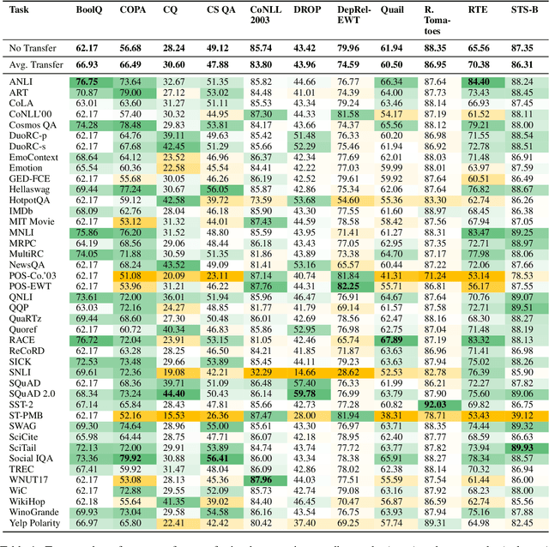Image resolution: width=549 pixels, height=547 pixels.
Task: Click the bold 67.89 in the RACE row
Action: (391, 339)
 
